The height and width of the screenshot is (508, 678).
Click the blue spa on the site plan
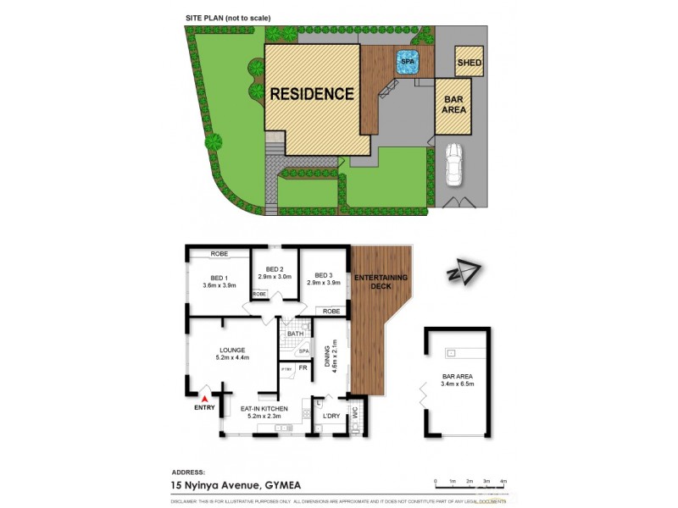[x=408, y=61]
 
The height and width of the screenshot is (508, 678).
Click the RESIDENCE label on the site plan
[x=312, y=94]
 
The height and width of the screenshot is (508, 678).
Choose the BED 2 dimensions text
[x=275, y=277]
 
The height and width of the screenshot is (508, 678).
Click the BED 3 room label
[x=323, y=275]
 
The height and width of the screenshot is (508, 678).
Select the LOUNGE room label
[x=231, y=350]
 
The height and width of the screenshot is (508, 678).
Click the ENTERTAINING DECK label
[x=381, y=282]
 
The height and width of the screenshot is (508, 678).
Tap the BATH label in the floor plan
[x=295, y=334]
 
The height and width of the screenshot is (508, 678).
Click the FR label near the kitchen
[x=303, y=367]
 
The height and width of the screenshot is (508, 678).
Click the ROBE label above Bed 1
[x=220, y=253]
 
